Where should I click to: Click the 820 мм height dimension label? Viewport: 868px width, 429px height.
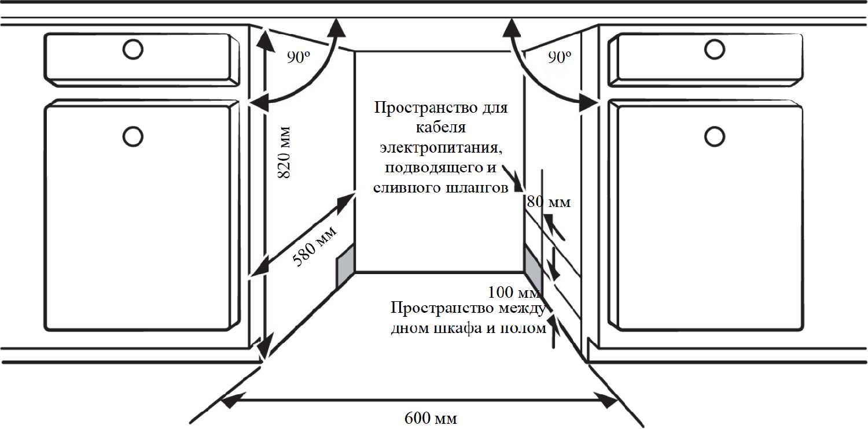[284, 152]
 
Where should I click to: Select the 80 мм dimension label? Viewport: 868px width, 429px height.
[549, 202]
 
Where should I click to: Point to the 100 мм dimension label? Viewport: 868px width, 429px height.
[514, 291]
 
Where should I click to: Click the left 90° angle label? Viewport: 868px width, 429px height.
[299, 57]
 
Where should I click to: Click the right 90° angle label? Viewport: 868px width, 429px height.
[559, 57]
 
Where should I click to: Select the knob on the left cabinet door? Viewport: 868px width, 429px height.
[133, 136]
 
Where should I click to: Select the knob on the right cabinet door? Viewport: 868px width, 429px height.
[714, 136]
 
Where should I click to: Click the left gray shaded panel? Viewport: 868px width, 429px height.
[345, 265]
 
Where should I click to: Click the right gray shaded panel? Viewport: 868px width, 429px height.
[532, 263]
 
